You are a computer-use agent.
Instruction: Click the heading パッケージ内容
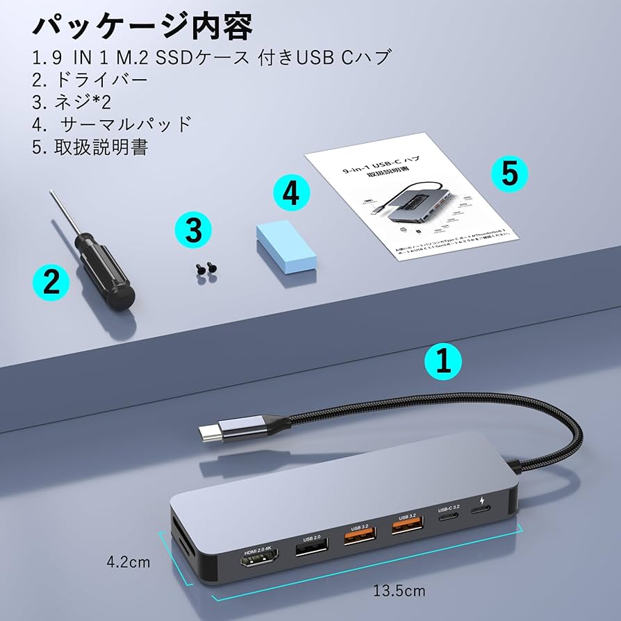142,26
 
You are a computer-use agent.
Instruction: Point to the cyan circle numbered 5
509,174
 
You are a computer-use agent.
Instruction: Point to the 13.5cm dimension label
399,591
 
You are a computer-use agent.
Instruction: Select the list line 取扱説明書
91,147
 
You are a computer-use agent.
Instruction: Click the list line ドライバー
91,79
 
